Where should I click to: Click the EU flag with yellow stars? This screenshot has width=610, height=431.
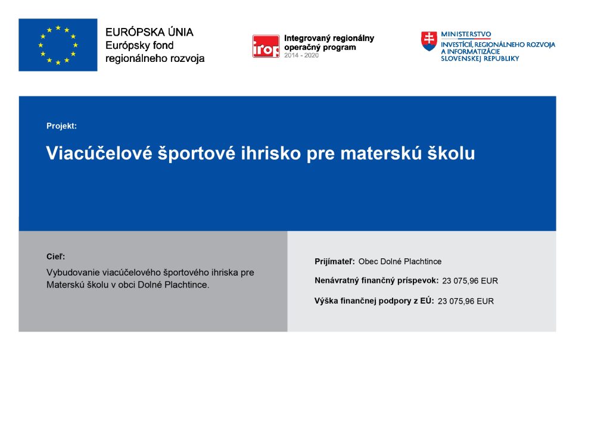[58, 45]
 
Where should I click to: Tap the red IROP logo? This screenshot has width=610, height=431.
[266, 46]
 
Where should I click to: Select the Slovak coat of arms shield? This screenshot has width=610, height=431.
[429, 41]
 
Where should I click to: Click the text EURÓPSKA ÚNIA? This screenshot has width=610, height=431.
[150, 32]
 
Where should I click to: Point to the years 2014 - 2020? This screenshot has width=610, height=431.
[301, 55]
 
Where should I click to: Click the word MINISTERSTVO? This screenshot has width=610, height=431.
[466, 34]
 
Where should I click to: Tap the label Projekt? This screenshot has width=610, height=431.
[61, 126]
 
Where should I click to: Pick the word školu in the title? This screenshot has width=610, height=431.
[452, 153]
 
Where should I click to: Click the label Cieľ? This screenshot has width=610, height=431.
[55, 257]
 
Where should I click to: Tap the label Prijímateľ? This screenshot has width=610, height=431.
[335, 261]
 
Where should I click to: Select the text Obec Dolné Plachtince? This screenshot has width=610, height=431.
[400, 261]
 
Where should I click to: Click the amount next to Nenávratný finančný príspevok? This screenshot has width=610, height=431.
[470, 281]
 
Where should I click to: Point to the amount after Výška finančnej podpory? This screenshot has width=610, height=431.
[466, 301]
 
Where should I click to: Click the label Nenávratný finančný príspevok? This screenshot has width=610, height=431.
[376, 280]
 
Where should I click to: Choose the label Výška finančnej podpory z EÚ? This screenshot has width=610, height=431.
[374, 301]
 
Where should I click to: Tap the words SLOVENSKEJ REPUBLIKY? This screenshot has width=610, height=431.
[480, 59]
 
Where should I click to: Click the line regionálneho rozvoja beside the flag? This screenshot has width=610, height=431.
[155, 59]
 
